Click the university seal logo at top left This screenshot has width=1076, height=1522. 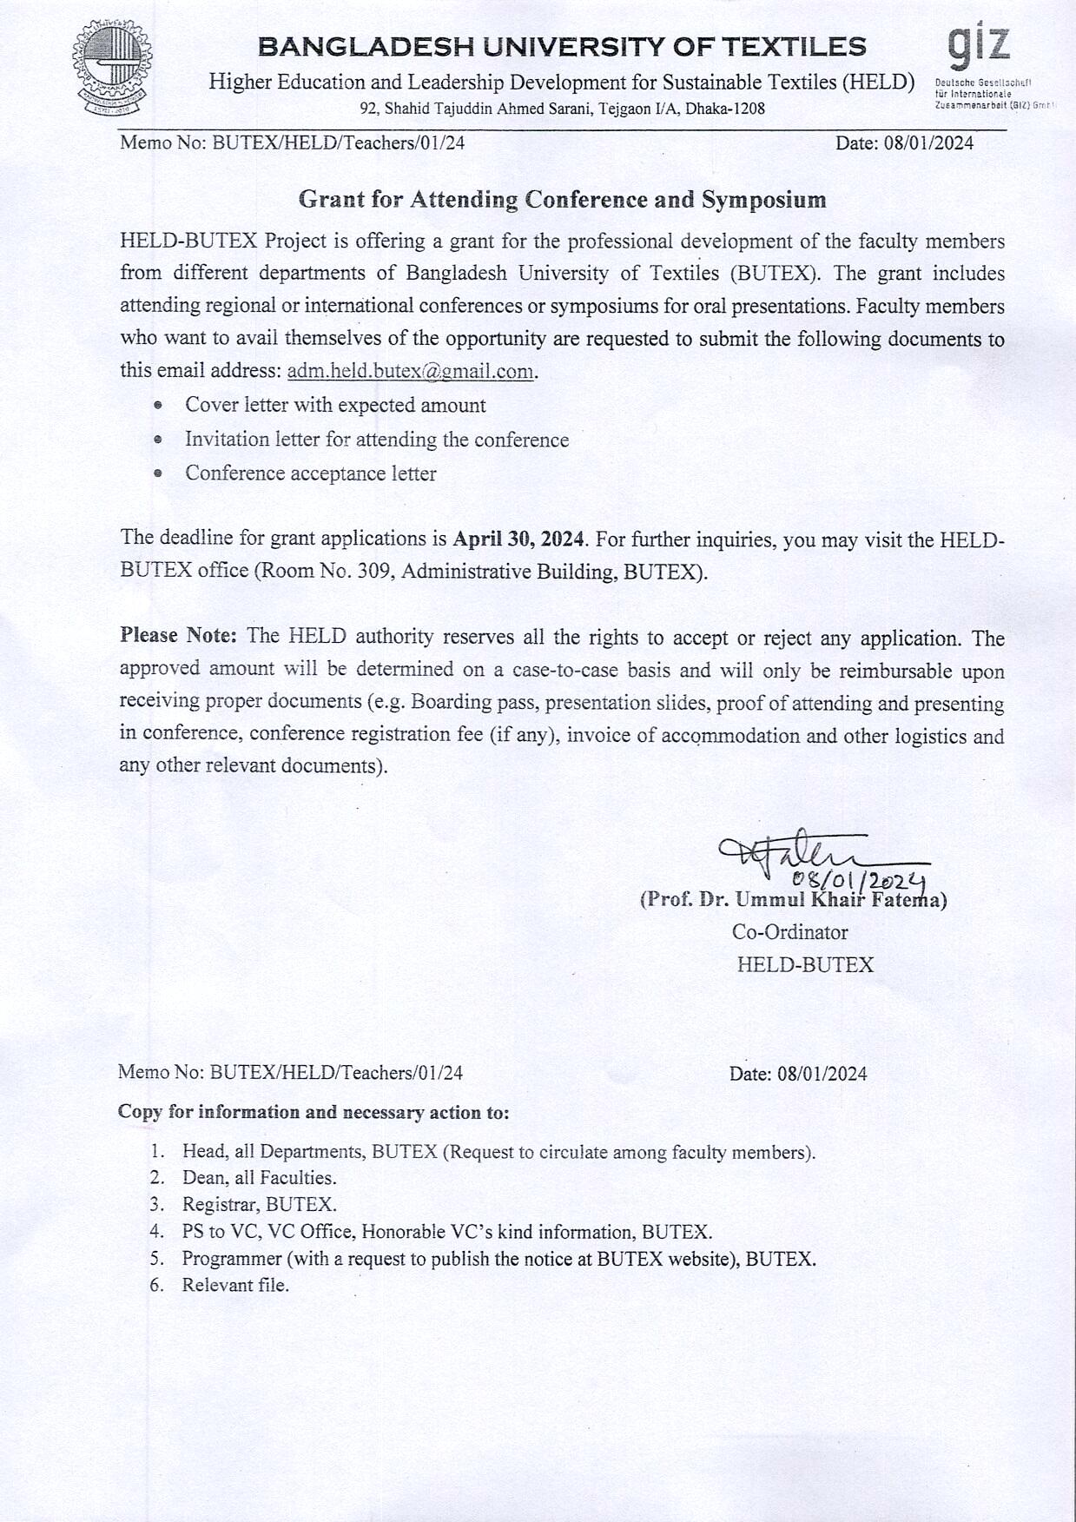pyautogui.click(x=111, y=69)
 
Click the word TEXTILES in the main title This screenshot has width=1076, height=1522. pyautogui.click(x=795, y=46)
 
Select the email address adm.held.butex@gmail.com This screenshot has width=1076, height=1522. pyautogui.click(x=410, y=371)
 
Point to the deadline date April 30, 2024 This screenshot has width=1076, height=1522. pyautogui.click(x=518, y=539)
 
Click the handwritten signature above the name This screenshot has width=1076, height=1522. pyautogui.click(x=790, y=850)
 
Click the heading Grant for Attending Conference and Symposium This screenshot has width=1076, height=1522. pyautogui.click(x=562, y=200)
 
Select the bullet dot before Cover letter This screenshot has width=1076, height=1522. pyautogui.click(x=158, y=406)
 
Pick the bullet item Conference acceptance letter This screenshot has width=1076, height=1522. pyautogui.click(x=310, y=473)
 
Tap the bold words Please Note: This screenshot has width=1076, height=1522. pyautogui.click(x=178, y=636)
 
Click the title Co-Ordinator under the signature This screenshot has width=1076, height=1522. pyautogui.click(x=789, y=932)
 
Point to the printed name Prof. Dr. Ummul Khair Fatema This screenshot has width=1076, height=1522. pyautogui.click(x=793, y=900)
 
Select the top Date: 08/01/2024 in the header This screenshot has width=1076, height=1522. pyautogui.click(x=904, y=143)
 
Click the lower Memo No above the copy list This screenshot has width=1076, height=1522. pyautogui.click(x=290, y=1073)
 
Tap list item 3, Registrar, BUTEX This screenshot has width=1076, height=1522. pyautogui.click(x=259, y=1205)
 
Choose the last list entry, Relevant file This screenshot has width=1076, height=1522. pyautogui.click(x=234, y=1286)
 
